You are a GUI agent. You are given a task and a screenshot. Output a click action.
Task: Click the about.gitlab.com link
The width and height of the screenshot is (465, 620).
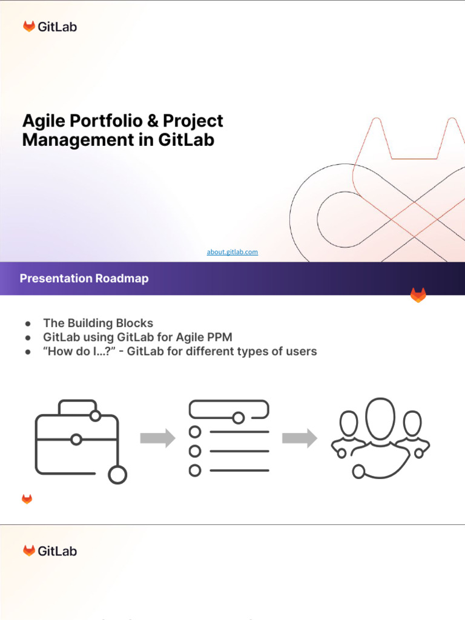(x=232, y=252)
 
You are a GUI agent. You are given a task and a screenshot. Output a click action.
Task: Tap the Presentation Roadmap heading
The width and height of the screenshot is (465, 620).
(x=84, y=279)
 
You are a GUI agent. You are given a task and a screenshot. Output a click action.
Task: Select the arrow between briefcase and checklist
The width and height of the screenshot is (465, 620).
(x=157, y=438)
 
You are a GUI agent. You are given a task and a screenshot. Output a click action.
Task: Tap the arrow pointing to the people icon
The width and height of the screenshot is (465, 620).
(x=300, y=438)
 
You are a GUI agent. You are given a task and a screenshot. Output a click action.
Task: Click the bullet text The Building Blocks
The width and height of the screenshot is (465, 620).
(x=98, y=323)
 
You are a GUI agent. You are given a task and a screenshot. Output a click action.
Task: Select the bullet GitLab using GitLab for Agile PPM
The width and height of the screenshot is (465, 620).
(x=137, y=337)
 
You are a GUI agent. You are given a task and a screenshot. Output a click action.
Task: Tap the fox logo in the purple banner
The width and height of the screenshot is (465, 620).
(x=418, y=295)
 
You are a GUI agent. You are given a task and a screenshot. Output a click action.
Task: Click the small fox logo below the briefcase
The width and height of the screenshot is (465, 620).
(x=27, y=499)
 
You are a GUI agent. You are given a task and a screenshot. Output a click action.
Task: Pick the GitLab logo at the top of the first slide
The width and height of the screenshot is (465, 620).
(x=50, y=27)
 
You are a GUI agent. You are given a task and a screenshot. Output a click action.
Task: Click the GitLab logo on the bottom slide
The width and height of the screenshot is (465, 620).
(x=50, y=551)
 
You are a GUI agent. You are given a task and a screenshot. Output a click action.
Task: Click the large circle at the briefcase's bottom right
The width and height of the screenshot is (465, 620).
(x=117, y=475)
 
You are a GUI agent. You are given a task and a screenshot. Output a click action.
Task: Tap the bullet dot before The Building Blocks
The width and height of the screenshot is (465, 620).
(x=28, y=324)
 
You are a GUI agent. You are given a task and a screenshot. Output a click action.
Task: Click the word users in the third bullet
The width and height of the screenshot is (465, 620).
(x=301, y=351)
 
